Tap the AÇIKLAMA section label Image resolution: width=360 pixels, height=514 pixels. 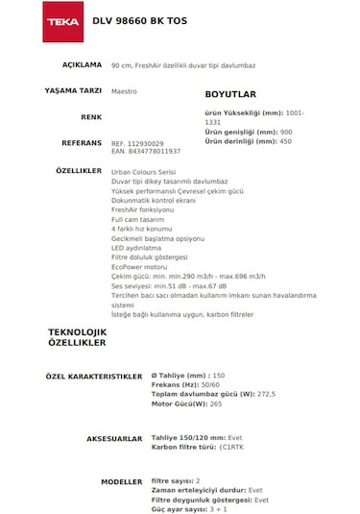pyautogui.click(x=82, y=64)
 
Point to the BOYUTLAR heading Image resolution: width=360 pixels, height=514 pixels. pyautogui.click(x=230, y=95)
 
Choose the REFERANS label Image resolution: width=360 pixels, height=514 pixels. pyautogui.click(x=81, y=141)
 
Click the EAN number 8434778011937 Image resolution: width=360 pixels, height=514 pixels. pyautogui.click(x=146, y=151)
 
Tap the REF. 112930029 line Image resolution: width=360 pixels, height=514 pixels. pyautogui.click(x=138, y=142)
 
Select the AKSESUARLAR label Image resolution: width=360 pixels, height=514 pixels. pyautogui.click(x=114, y=438)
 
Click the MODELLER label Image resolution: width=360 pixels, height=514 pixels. pyautogui.click(x=122, y=480)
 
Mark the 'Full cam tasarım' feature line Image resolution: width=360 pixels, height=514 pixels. pyautogui.click(x=138, y=219)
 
